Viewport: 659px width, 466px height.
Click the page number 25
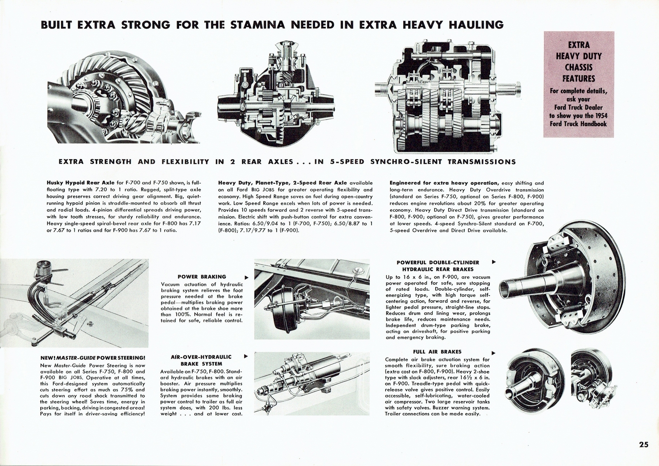644,445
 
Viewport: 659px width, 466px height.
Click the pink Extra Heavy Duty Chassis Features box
578,84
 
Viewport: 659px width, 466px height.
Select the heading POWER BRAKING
202,277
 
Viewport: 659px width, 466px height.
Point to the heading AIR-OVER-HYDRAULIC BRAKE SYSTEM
201,360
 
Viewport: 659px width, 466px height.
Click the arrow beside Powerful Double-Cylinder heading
494,262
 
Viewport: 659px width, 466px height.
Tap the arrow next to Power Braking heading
246,277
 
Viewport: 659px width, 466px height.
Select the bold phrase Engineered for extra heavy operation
444,183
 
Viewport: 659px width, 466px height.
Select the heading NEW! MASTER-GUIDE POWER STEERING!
93,357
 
